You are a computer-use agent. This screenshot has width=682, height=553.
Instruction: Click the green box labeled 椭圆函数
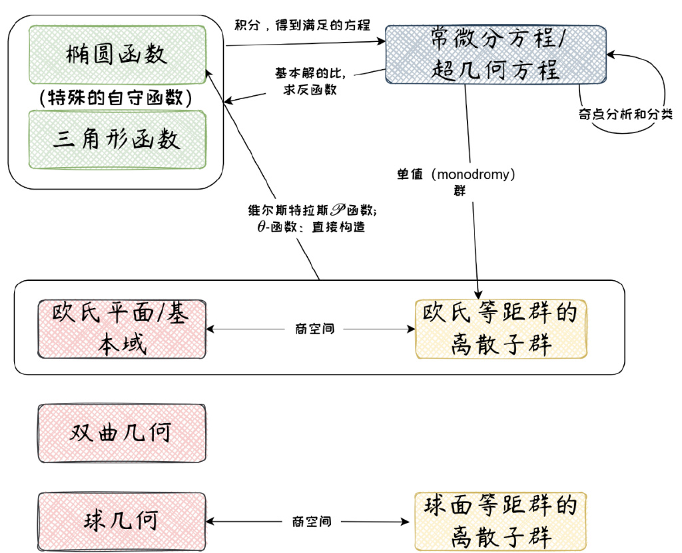click(117, 55)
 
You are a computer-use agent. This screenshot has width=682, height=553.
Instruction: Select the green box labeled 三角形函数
click(117, 139)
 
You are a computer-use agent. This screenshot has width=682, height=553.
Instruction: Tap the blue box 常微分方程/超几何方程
click(496, 55)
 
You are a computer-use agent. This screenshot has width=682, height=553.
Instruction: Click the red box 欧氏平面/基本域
click(122, 329)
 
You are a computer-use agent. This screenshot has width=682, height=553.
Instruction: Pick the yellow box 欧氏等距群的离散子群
click(501, 329)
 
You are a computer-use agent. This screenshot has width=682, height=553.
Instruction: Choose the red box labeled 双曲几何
click(122, 433)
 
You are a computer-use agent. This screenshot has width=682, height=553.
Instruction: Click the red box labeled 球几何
click(122, 521)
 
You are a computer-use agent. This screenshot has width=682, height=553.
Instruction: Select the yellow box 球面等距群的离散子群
click(501, 521)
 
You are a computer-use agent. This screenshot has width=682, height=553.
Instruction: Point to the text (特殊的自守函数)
click(116, 97)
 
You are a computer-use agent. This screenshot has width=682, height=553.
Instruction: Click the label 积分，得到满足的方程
click(302, 25)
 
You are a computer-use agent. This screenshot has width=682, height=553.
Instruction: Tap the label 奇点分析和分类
click(625, 114)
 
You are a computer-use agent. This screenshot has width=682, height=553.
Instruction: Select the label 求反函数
click(310, 90)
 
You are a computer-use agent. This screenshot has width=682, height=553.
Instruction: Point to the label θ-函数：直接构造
click(310, 227)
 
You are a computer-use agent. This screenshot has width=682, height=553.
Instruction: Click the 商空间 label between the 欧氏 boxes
click(314, 329)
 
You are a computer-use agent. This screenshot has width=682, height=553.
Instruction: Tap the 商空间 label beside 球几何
click(312, 521)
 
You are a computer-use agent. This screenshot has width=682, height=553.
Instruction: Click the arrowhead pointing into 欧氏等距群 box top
click(478, 294)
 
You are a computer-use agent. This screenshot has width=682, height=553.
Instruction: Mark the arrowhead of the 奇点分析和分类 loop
click(611, 55)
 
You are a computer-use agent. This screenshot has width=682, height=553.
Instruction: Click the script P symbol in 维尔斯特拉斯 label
click(338, 210)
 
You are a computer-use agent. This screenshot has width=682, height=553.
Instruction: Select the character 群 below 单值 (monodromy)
click(460, 191)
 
